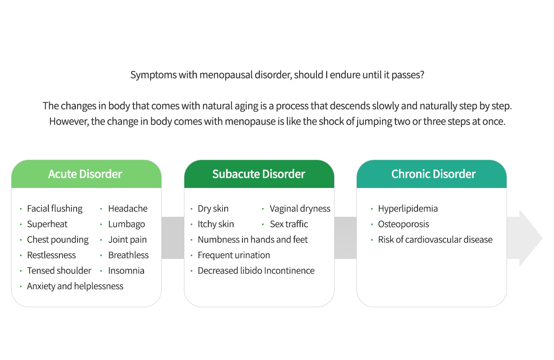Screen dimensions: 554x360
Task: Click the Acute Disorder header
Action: point(85,174)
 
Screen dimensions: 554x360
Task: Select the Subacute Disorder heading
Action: point(259,174)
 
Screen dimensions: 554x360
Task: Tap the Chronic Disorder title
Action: point(433,174)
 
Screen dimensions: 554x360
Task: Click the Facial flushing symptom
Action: point(55,209)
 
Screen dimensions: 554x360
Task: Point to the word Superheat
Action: point(47,224)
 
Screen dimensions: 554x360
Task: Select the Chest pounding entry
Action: point(58,240)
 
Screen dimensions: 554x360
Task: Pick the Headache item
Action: point(128,208)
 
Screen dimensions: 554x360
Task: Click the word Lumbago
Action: point(126,224)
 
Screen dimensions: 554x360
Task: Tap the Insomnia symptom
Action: point(126,271)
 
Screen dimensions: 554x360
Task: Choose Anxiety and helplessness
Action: point(75,286)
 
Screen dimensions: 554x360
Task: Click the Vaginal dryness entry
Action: point(300,209)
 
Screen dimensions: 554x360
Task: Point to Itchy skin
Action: point(215,224)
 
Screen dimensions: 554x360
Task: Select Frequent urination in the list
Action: point(234,255)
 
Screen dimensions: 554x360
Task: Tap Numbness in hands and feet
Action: point(253,239)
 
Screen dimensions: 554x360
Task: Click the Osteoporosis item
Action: point(403,224)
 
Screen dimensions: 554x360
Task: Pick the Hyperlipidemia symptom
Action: point(408,209)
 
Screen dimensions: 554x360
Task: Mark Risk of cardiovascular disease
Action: point(435,239)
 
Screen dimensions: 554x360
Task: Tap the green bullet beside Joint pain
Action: point(101,240)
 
